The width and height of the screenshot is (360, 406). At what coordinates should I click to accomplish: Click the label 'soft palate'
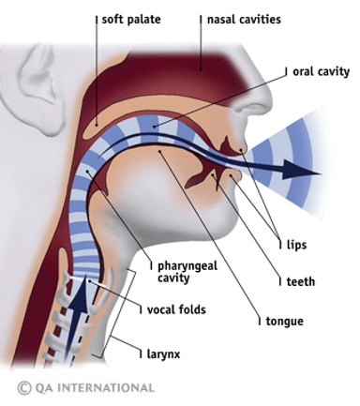point(131,20)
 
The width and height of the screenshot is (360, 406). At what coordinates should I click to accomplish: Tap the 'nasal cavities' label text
point(244,20)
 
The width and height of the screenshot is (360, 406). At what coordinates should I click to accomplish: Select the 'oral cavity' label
point(321,72)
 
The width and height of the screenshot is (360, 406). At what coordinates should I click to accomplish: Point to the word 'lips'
point(296,245)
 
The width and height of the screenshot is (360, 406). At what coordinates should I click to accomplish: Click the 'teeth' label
point(301,281)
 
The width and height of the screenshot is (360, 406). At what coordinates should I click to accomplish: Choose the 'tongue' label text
point(284,322)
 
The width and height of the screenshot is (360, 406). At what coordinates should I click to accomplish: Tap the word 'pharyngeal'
point(187,266)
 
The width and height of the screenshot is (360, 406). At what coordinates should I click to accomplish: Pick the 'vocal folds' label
point(176,309)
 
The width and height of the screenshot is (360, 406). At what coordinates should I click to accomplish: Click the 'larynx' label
point(163,354)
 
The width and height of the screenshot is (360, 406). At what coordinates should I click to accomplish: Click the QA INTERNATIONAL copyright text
point(86,388)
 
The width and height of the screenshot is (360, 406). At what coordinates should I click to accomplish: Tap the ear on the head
point(36,91)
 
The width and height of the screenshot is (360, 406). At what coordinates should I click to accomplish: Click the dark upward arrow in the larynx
point(76,316)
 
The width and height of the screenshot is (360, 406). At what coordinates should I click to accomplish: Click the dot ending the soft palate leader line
point(97,125)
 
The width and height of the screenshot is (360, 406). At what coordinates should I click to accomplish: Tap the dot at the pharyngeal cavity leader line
point(87,171)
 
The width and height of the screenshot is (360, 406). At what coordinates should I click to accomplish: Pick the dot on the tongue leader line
point(159,151)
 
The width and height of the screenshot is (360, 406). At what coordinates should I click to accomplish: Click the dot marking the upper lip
point(241,150)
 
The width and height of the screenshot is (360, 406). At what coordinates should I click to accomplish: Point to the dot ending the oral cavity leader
point(154,127)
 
